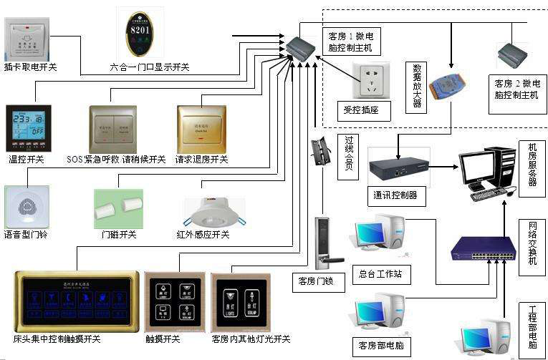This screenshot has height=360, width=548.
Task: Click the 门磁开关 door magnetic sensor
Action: pyautogui.click(x=118, y=208)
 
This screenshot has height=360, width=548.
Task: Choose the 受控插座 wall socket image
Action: pyautogui.click(x=370, y=79)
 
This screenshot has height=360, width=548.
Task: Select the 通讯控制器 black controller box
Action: pyautogui.click(x=399, y=167)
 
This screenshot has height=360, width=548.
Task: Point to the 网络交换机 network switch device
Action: pyautogui.click(x=483, y=247)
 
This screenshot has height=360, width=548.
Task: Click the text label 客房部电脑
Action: pyautogui.click(x=380, y=346)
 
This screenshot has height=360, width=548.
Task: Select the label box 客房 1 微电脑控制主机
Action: pyautogui.click(x=350, y=42)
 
